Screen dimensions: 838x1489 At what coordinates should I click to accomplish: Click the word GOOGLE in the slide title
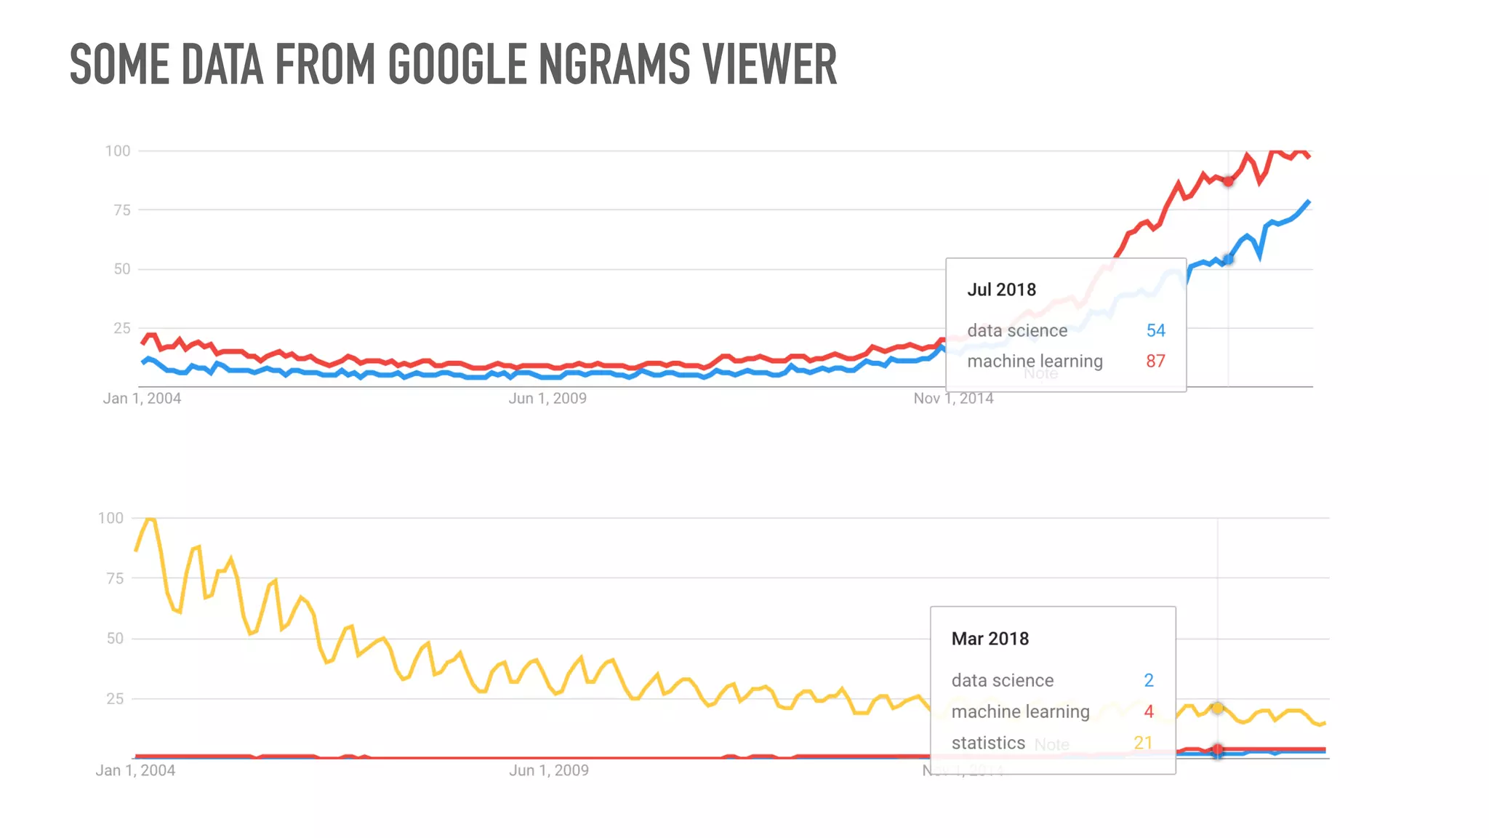click(x=457, y=64)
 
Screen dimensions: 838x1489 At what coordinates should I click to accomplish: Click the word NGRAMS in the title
click(x=614, y=64)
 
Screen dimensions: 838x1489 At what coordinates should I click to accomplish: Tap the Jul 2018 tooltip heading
click(x=1001, y=290)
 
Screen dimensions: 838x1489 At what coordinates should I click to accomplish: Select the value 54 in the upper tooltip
click(x=1155, y=330)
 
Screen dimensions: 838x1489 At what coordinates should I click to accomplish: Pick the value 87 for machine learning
click(x=1155, y=361)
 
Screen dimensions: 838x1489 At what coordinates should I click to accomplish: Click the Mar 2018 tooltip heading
click(x=990, y=639)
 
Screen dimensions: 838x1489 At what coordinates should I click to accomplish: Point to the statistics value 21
click(x=1142, y=743)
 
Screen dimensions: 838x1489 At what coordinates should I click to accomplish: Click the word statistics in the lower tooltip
click(x=987, y=743)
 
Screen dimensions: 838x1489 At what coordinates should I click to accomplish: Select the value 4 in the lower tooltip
click(x=1149, y=711)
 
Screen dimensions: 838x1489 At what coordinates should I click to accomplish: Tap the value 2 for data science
click(x=1149, y=680)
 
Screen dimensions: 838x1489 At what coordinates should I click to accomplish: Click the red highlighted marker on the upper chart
click(x=1228, y=181)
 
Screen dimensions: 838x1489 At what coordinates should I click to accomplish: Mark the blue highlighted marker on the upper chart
click(x=1228, y=260)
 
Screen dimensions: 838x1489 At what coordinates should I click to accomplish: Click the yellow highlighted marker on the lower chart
click(x=1217, y=708)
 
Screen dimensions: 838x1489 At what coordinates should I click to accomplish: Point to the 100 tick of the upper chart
click(x=118, y=151)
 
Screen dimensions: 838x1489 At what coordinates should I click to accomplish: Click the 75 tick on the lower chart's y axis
click(x=115, y=578)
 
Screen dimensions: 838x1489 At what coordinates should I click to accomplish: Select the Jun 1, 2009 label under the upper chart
click(x=547, y=399)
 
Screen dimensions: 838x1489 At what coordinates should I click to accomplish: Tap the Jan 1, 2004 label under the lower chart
click(x=135, y=770)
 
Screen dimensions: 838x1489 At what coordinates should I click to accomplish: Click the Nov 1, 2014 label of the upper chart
click(x=953, y=399)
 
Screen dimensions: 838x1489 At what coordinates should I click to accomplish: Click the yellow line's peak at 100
click(x=150, y=519)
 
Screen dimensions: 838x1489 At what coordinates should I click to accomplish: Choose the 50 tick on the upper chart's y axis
click(x=121, y=269)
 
